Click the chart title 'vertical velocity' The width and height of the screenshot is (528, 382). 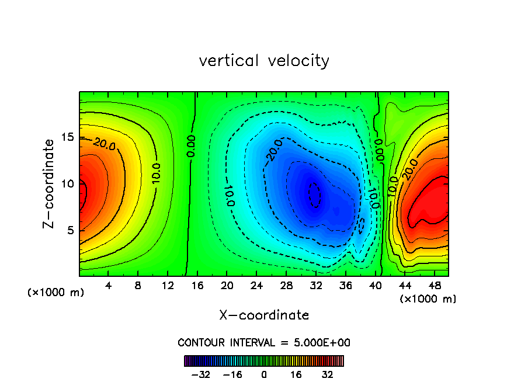click(264, 61)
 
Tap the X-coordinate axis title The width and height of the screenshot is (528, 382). click(264, 315)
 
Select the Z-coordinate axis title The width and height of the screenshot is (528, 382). click(50, 183)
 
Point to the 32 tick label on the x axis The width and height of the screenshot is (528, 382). click(316, 286)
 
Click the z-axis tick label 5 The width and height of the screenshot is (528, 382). click(68, 230)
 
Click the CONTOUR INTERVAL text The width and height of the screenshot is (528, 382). click(264, 342)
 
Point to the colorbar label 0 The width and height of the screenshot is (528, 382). click(264, 374)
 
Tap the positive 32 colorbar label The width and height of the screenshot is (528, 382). click(327, 374)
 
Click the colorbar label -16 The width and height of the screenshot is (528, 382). click(232, 374)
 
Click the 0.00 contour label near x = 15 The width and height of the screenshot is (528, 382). click(192, 146)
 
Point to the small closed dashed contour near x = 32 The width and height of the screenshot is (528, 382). click(315, 194)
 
